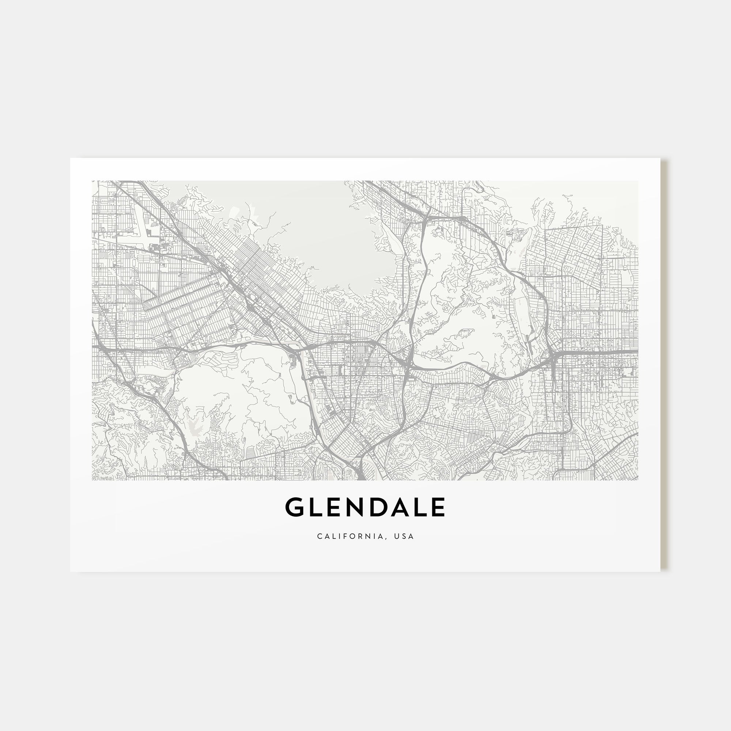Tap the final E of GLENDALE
(x=438, y=507)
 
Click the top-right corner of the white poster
(x=660, y=159)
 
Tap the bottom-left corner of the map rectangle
(x=92, y=480)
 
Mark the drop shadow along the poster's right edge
(x=663, y=363)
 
